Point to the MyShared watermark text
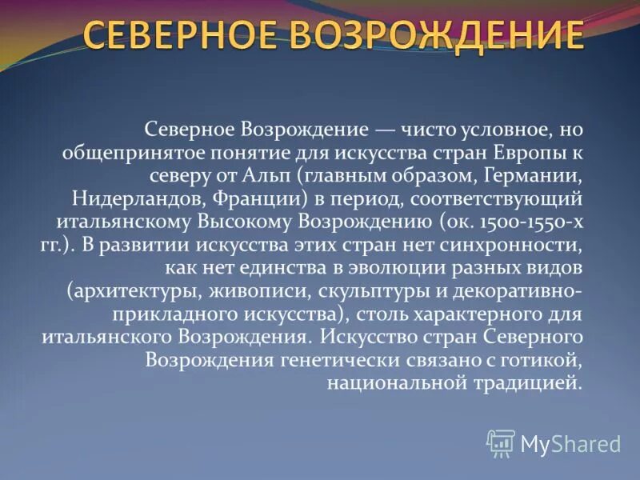point(570,444)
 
